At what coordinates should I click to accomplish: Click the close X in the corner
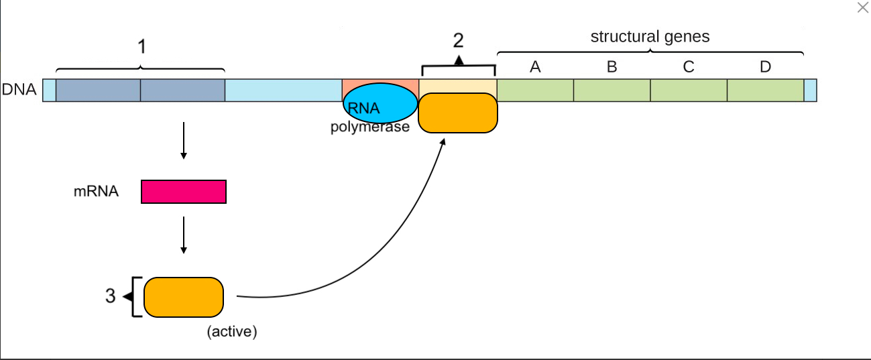(x=863, y=7)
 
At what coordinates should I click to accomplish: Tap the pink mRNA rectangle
(x=184, y=192)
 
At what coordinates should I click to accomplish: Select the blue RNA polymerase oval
(x=380, y=103)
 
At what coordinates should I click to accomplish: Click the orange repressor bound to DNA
(x=458, y=113)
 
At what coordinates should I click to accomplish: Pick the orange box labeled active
(x=184, y=298)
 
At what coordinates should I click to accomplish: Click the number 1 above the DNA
(x=142, y=47)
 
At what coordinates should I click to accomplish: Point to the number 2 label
(x=459, y=40)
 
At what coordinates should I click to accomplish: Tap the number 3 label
(x=111, y=296)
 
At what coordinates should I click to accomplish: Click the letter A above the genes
(x=535, y=67)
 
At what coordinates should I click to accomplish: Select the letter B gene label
(x=612, y=67)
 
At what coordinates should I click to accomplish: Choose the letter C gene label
(x=689, y=67)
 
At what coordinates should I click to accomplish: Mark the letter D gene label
(x=765, y=67)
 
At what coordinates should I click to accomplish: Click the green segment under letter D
(x=766, y=91)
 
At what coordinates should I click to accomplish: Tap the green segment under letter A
(x=536, y=91)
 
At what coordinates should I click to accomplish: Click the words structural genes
(x=650, y=37)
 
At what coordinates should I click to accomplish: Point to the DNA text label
(x=19, y=89)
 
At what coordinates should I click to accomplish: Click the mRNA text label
(x=96, y=191)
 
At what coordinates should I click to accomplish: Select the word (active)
(x=232, y=332)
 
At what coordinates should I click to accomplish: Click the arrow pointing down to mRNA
(x=184, y=141)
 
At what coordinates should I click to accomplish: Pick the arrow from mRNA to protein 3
(x=184, y=235)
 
